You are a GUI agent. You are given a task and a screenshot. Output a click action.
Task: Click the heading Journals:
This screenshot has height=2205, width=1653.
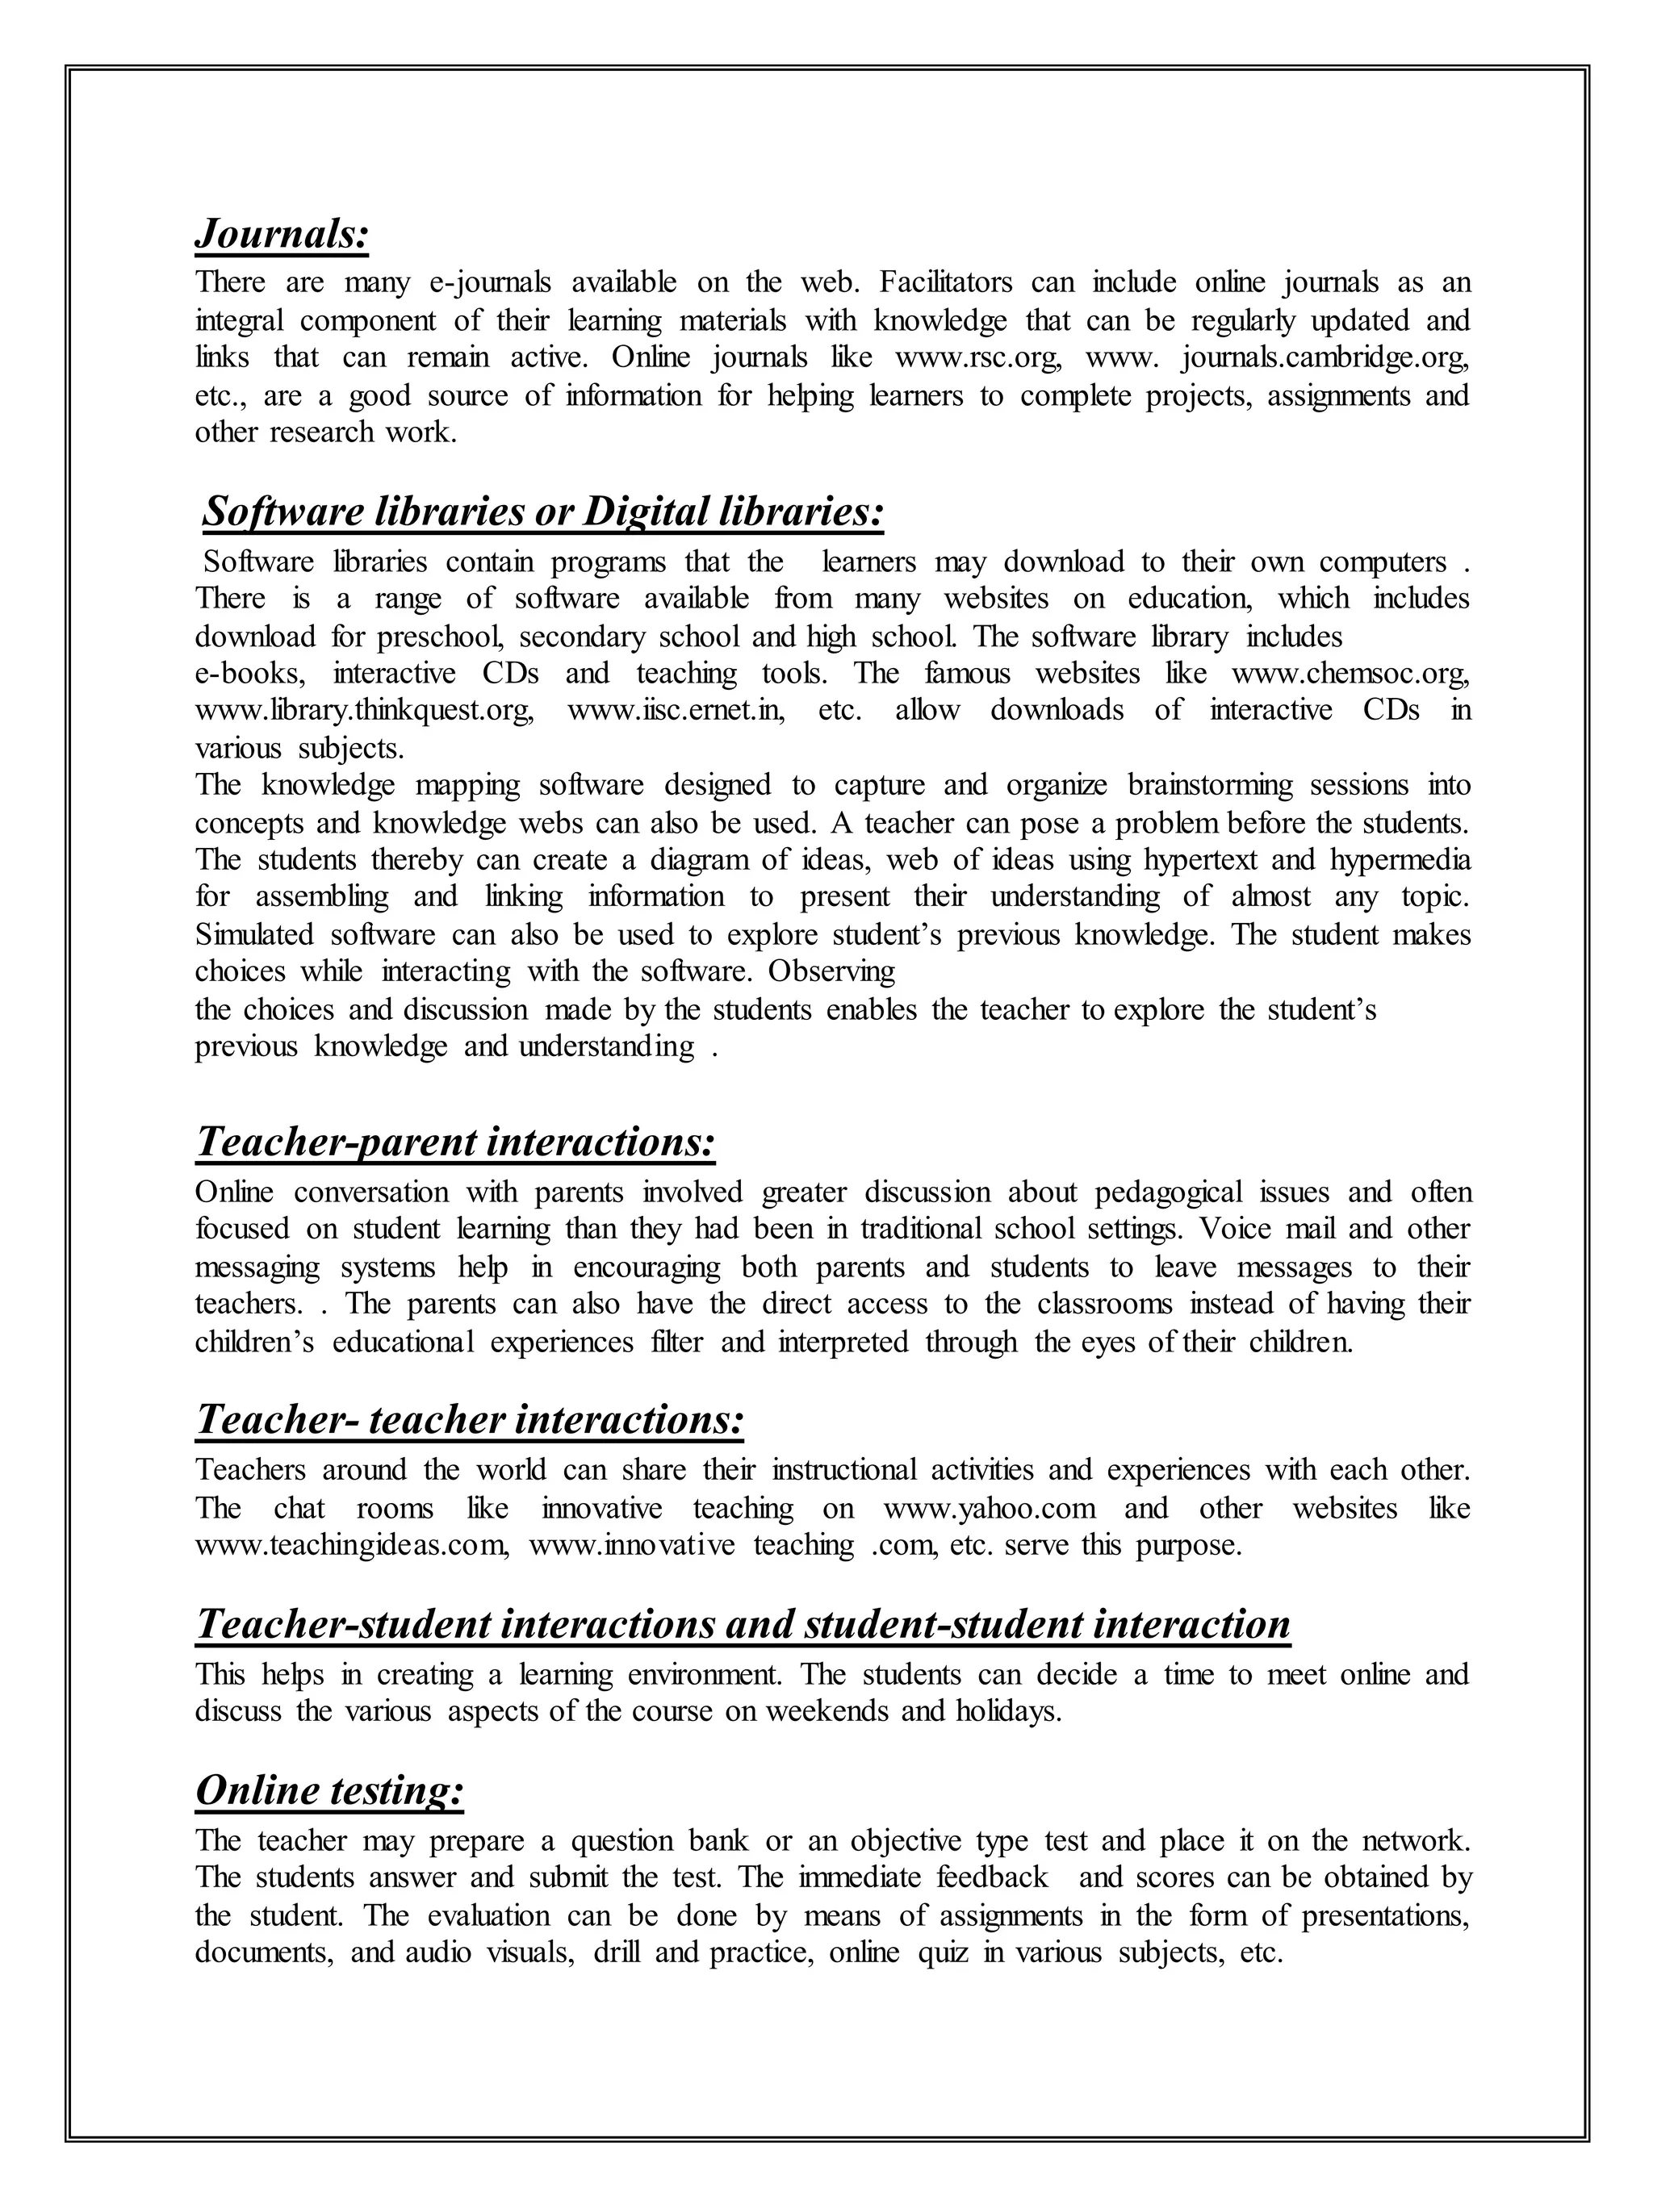click(282, 236)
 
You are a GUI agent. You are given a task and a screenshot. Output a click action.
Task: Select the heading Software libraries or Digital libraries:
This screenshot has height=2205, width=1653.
click(542, 512)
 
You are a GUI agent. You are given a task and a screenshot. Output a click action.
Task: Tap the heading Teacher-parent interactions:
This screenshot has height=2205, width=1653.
click(455, 1142)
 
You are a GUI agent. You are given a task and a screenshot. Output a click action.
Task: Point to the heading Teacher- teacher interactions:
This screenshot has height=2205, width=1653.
click(470, 1419)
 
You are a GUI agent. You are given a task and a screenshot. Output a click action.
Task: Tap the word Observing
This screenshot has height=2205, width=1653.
click(831, 971)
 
